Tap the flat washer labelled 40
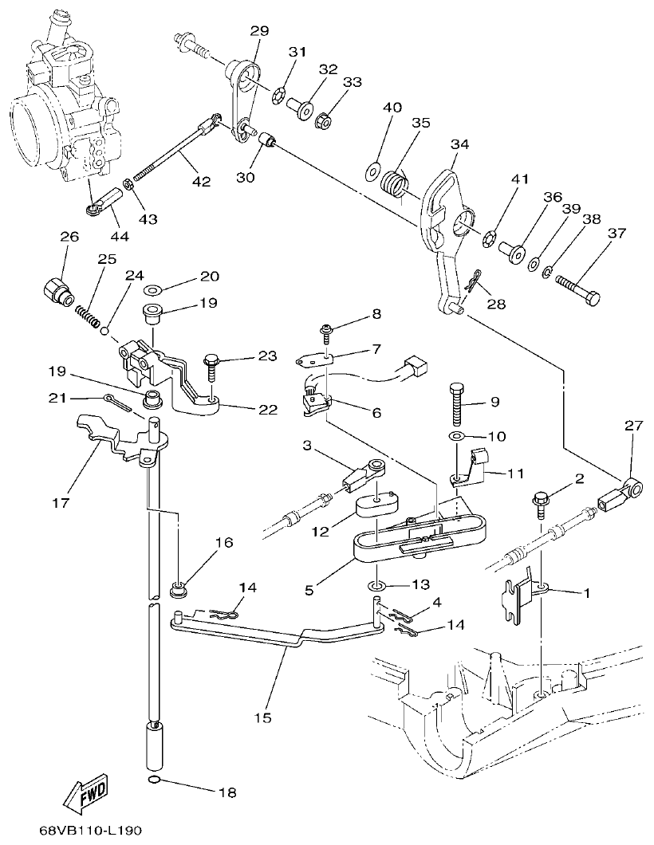coord(372,169)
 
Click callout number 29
coord(259,31)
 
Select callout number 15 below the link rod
coord(263,717)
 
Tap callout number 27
coord(633,426)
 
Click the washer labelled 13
coord(376,586)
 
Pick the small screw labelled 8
coord(328,331)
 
